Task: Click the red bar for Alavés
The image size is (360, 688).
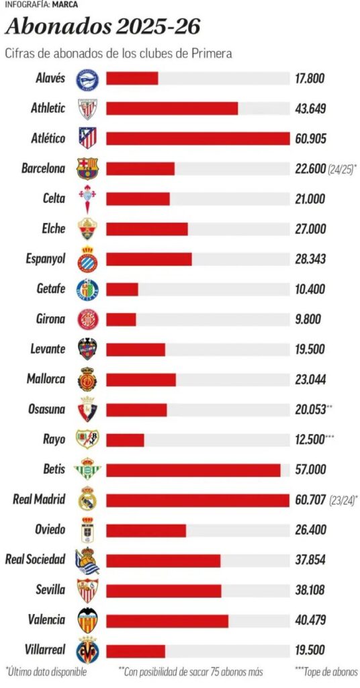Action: pyautogui.click(x=132, y=78)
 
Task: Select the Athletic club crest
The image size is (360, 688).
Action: pyautogui.click(x=87, y=108)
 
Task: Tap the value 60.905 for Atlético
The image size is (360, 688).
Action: pyautogui.click(x=310, y=138)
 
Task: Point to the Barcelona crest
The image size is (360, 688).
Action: pyautogui.click(x=87, y=169)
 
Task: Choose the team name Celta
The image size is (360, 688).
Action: pyautogui.click(x=53, y=199)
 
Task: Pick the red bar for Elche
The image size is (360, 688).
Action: pyautogui.click(x=147, y=229)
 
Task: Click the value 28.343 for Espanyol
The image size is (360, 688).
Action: pyautogui.click(x=310, y=259)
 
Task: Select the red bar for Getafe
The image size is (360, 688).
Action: pyautogui.click(x=122, y=289)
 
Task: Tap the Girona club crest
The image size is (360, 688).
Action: pyautogui.click(x=87, y=318)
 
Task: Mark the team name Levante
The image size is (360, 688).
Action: pyautogui.click(x=48, y=349)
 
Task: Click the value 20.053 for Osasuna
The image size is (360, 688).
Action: pyautogui.click(x=310, y=409)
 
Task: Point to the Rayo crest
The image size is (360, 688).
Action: pyautogui.click(x=87, y=439)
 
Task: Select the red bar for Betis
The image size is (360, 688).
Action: pyautogui.click(x=193, y=470)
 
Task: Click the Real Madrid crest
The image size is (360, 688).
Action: pyautogui.click(x=87, y=500)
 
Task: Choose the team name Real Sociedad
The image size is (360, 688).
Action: pyautogui.click(x=36, y=560)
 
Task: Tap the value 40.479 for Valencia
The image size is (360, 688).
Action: pyautogui.click(x=310, y=619)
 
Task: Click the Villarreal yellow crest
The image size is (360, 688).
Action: pyautogui.click(x=87, y=650)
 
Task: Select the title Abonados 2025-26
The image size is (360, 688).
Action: pyautogui.click(x=103, y=28)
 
